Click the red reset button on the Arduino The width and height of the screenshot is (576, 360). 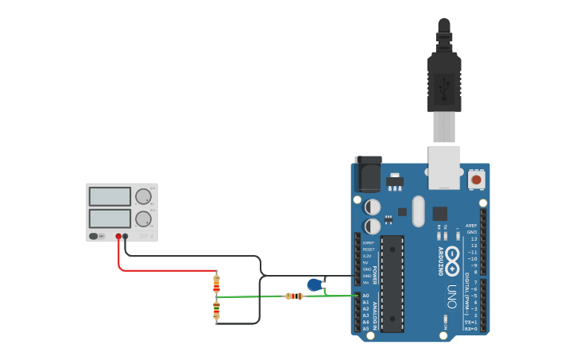pyautogui.click(x=476, y=180)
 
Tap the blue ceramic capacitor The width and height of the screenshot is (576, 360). pyautogui.click(x=315, y=285)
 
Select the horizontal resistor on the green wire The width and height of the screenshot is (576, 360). pyautogui.click(x=294, y=296)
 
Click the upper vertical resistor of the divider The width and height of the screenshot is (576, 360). pyautogui.click(x=216, y=283)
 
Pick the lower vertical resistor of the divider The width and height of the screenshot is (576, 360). pyautogui.click(x=216, y=310)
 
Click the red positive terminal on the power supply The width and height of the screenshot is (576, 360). pyautogui.click(x=118, y=236)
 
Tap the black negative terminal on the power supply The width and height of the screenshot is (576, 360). pyautogui.click(x=126, y=236)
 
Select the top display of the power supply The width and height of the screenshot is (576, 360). pyautogui.click(x=110, y=196)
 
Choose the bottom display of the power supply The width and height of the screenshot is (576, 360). pyautogui.click(x=110, y=219)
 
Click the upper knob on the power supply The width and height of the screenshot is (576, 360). pyautogui.click(x=143, y=196)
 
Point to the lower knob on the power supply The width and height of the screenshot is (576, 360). pyautogui.click(x=143, y=219)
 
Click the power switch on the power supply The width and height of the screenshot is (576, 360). pyautogui.click(x=94, y=236)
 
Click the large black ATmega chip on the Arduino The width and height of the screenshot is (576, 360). pyautogui.click(x=392, y=284)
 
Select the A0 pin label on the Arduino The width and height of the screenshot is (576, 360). pyautogui.click(x=365, y=296)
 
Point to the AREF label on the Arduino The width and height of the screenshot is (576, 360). pyautogui.click(x=471, y=226)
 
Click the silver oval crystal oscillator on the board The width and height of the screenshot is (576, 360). pyautogui.click(x=419, y=211)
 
